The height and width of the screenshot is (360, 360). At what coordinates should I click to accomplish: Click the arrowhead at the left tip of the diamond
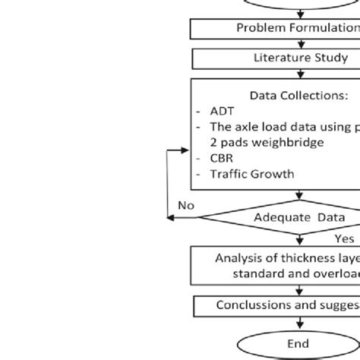pyautogui.click(x=172, y=218)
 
